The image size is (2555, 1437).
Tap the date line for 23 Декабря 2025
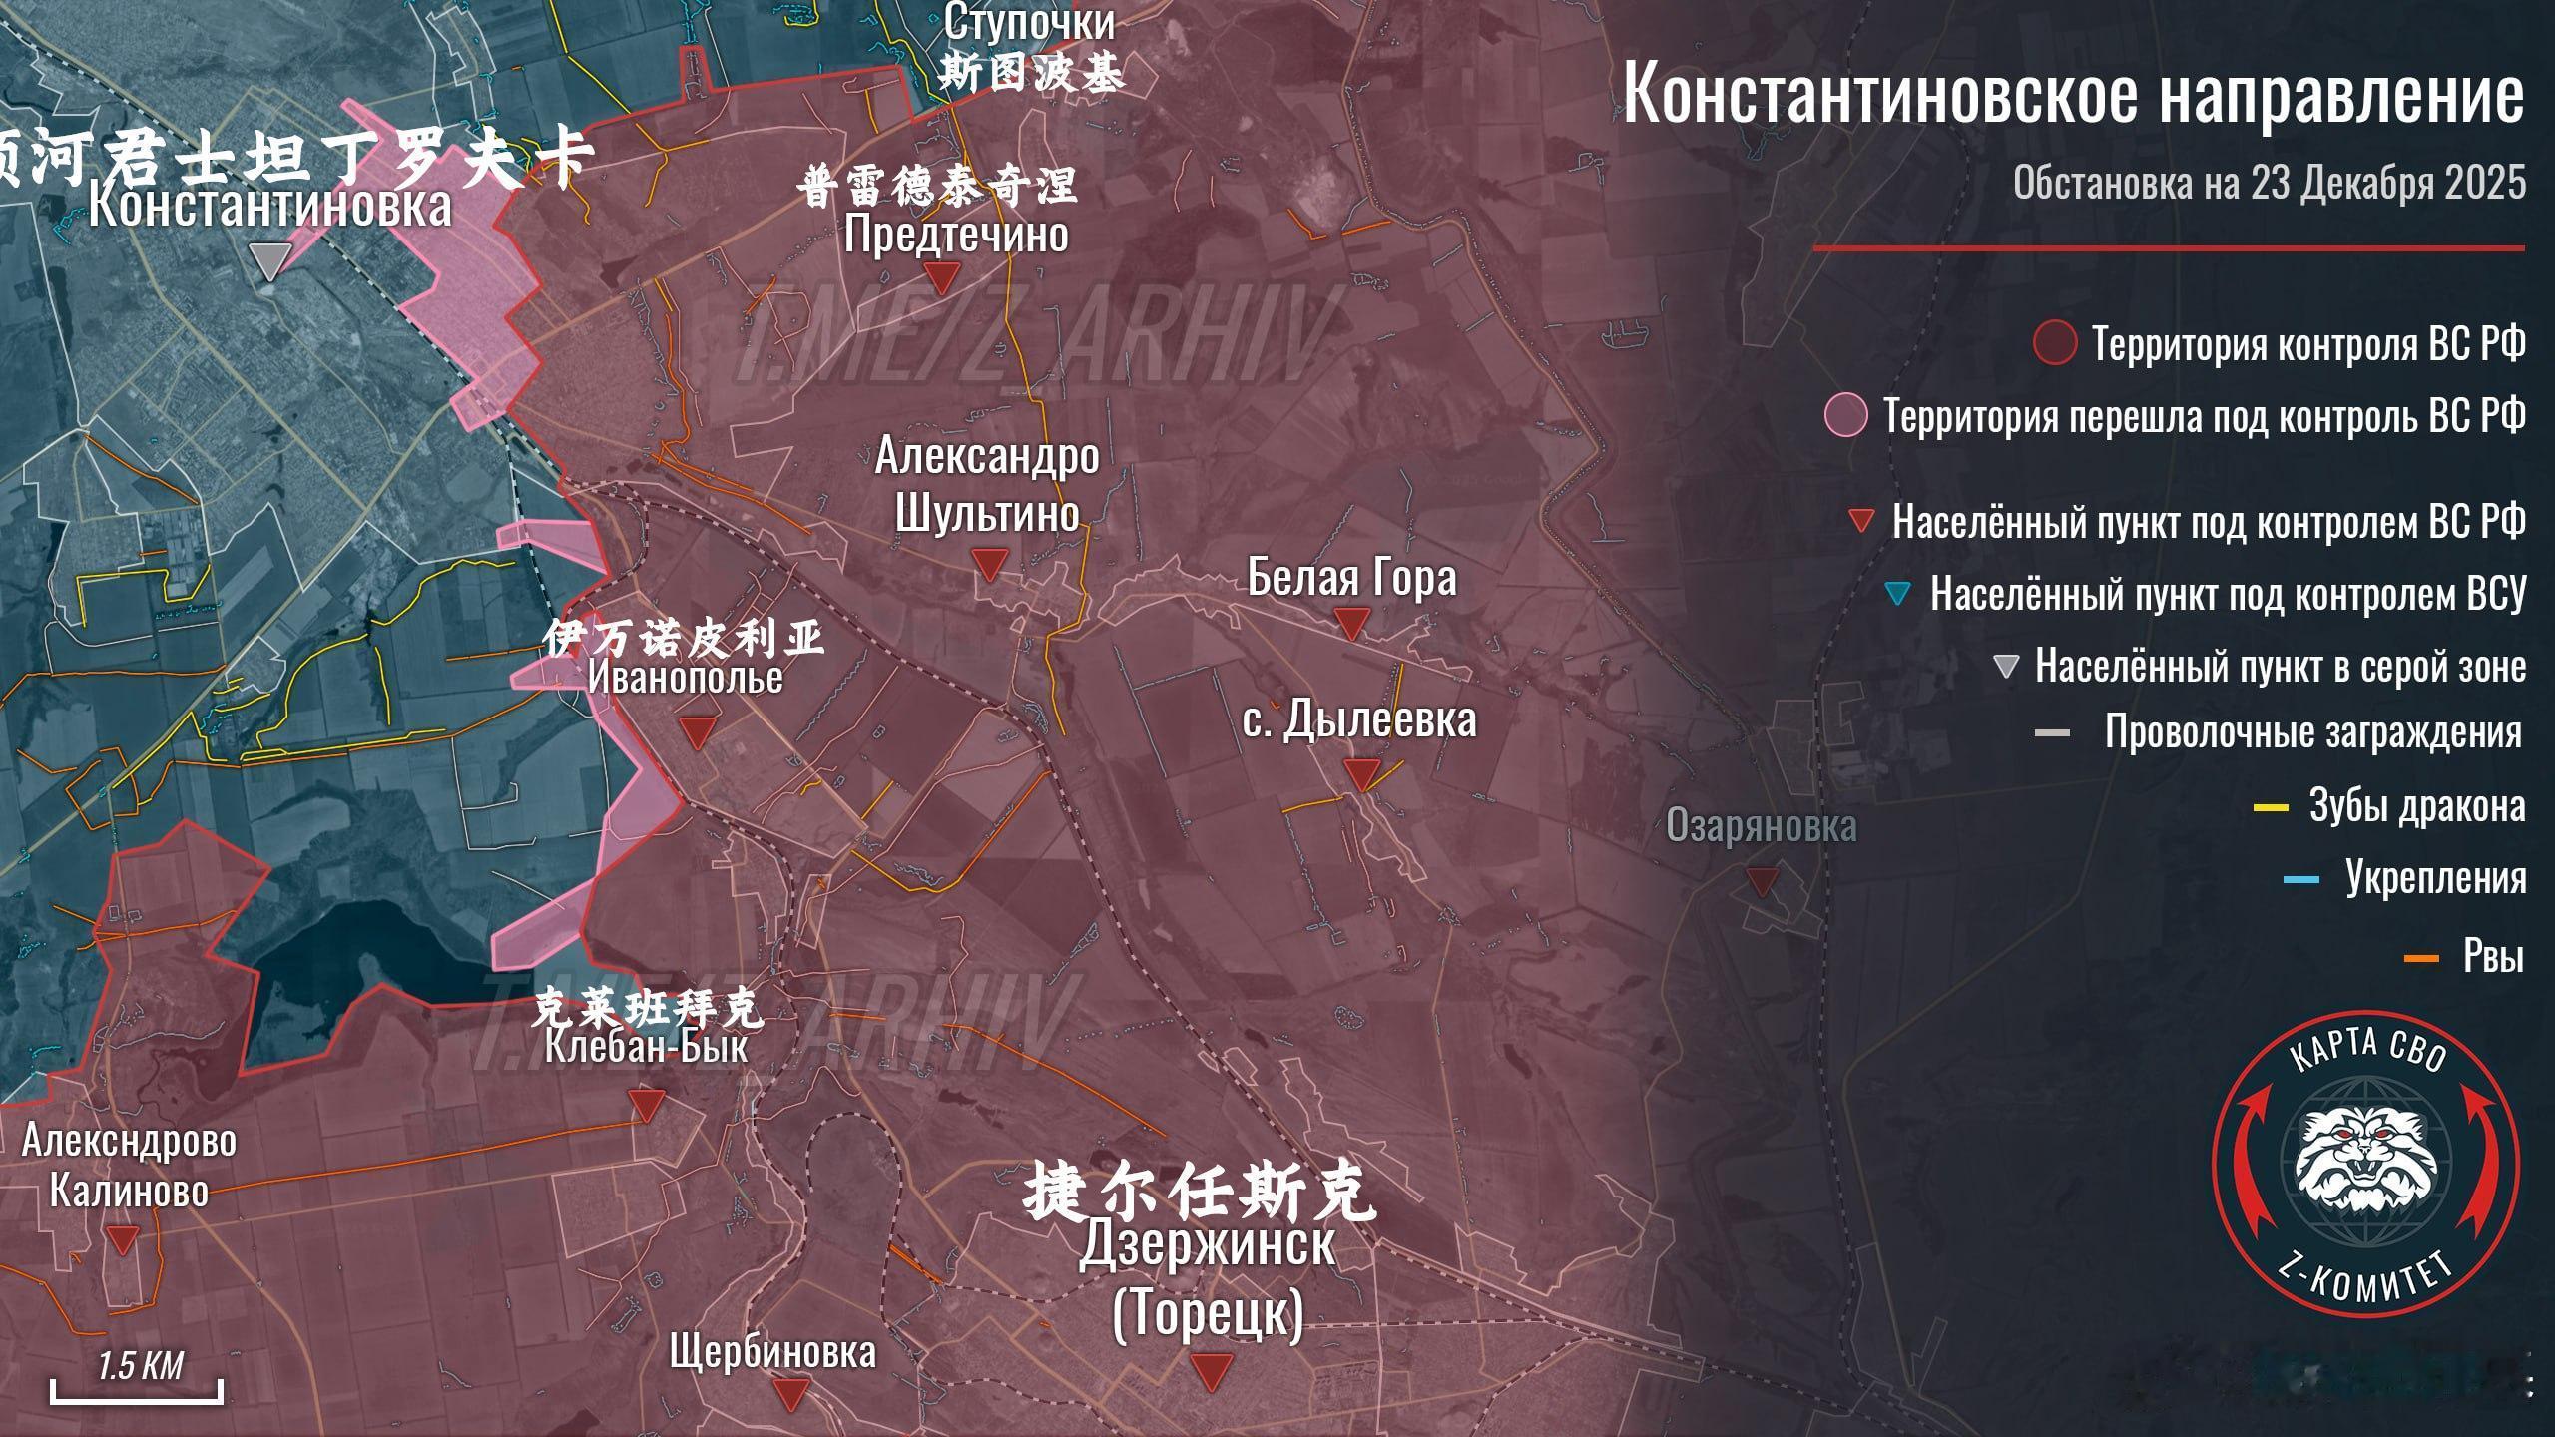(x=2269, y=183)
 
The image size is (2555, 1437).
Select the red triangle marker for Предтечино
(x=941, y=276)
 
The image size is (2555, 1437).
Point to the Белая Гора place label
(x=1351, y=578)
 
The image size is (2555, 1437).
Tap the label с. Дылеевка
(x=1359, y=720)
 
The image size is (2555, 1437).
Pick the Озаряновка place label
(x=1762, y=826)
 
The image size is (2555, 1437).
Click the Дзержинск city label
(x=1207, y=1244)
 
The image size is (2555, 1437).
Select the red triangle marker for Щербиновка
(x=792, y=1393)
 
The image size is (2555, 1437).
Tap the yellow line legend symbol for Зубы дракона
(x=2271, y=807)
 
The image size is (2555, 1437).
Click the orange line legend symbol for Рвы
(x=2421, y=959)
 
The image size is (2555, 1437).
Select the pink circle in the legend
(x=1845, y=415)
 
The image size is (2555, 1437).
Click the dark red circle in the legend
(x=2054, y=343)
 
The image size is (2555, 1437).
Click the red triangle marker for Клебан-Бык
(x=646, y=1104)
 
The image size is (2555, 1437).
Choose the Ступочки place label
(x=1029, y=22)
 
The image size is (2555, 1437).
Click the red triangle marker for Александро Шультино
(x=989, y=565)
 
